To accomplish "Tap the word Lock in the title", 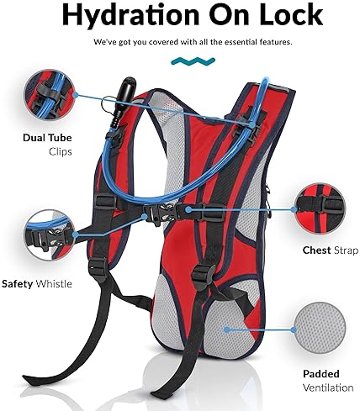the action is (289, 14).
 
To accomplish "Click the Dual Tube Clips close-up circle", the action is (50, 95).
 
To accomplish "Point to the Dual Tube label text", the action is (47, 138).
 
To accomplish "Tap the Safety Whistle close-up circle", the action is (50, 234).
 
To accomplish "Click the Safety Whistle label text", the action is (37, 284).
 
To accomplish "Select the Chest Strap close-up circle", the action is (320, 209).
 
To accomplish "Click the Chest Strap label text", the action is (331, 250).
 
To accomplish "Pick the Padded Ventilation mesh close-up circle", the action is (320, 329).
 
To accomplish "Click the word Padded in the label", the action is (321, 374).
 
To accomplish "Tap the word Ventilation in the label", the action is (328, 387).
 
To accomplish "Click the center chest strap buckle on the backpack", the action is (160, 213).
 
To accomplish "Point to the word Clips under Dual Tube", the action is (61, 152).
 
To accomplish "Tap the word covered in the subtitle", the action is (163, 42).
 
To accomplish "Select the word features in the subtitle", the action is (276, 42).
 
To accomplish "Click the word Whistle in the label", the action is (54, 284).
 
